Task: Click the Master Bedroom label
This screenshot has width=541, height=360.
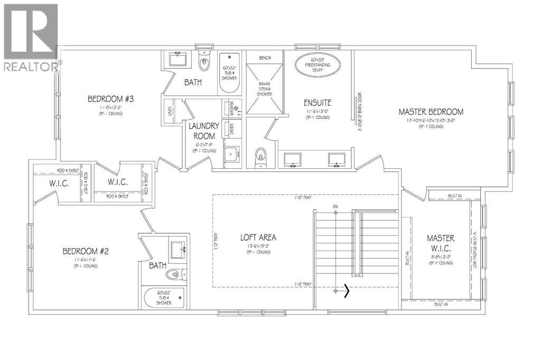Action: [x=431, y=112]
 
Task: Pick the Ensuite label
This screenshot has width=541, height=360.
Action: [x=317, y=102]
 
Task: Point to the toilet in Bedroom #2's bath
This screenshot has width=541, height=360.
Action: [x=175, y=274]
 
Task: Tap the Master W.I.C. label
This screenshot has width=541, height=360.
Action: [x=441, y=243]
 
